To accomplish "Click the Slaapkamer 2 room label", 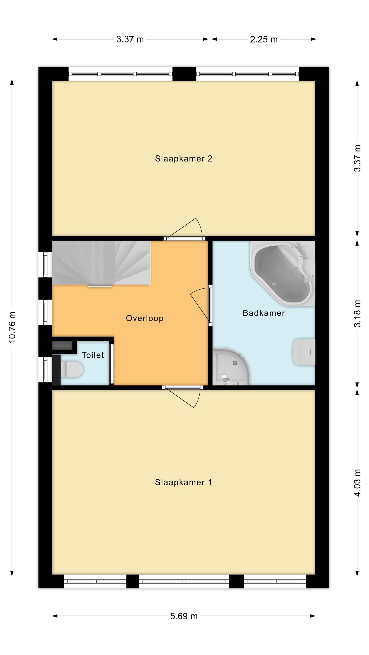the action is pos(184,159).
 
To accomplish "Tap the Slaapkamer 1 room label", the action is pos(184,482).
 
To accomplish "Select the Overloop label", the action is pos(145,318).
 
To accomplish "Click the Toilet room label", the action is pos(93,355).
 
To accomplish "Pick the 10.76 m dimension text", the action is pos(12,327).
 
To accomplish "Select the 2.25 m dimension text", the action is pos(264,40).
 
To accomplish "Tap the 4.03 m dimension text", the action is pos(358,483).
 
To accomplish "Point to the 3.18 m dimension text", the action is pos(358,314).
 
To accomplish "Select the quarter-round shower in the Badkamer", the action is pos(230,367).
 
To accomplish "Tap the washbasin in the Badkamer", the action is pos(304,352).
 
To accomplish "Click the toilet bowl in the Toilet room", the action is pos(71,369).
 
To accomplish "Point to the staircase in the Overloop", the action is pos(101,263).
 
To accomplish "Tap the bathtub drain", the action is pos(274,284).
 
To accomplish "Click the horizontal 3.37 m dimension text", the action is pos(130,40).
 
